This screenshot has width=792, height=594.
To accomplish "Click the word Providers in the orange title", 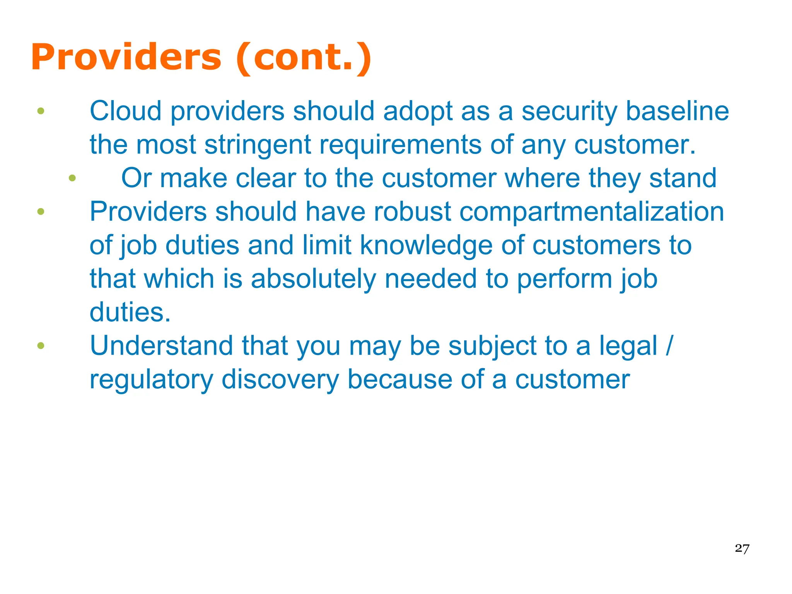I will pos(126,57).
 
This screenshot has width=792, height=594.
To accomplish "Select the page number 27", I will pos(742,548).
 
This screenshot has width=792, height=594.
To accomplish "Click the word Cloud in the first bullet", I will pos(125,111).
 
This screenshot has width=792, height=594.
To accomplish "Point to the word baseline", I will pos(677,111).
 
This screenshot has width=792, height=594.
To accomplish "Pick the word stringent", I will pos(258,145).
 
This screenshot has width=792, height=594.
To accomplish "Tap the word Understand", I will pos(161,346).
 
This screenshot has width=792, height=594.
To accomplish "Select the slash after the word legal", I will pos(669,346).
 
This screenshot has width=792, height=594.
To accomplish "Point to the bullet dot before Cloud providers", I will pos(41,111).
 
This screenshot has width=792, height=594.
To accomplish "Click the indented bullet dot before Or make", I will pos(72,178).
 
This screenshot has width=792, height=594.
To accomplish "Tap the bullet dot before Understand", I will pos(41,346).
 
